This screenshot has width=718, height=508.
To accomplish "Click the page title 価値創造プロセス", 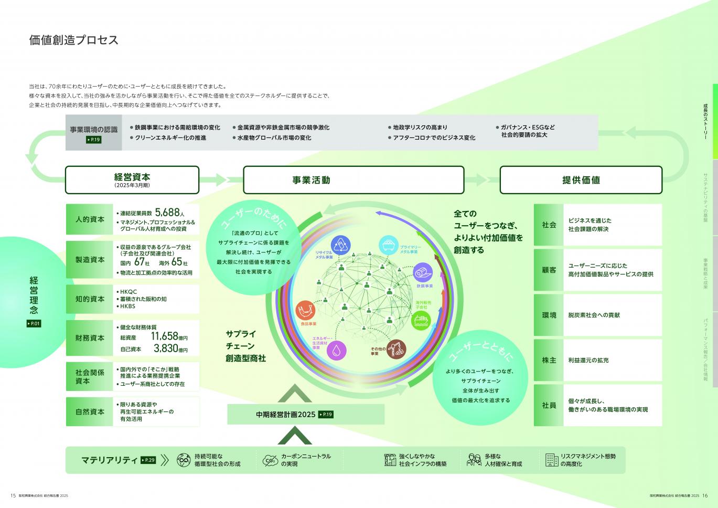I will (74, 40).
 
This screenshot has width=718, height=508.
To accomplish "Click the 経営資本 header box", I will (132, 179).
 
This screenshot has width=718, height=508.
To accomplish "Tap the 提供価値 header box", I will (581, 180).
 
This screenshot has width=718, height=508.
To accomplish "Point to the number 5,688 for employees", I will (167, 213).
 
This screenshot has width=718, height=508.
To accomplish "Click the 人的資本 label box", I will (90, 219).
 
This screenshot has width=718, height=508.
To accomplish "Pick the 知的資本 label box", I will (90, 299).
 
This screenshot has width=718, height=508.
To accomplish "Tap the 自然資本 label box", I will (90, 411).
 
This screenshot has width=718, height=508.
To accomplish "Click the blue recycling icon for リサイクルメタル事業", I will (341, 245).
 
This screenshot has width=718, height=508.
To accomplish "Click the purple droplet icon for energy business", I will (337, 350).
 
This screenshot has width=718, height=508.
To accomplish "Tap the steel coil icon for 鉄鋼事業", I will (424, 273).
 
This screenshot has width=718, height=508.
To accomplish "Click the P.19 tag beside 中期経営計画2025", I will (326, 415).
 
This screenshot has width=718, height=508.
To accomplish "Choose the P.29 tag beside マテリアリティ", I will (148, 460).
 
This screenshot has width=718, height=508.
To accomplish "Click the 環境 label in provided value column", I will (549, 315).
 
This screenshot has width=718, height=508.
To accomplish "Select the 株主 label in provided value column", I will (549, 361).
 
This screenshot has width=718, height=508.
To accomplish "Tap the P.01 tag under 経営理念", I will (34, 324).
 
